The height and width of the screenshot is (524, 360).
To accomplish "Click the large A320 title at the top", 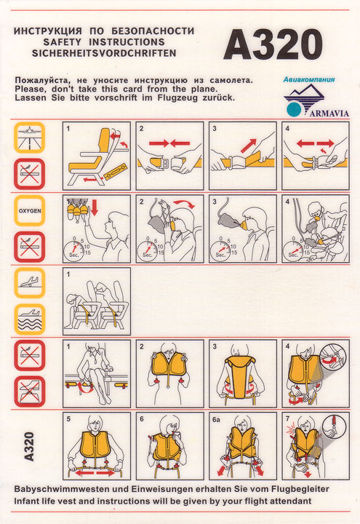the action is [273, 44].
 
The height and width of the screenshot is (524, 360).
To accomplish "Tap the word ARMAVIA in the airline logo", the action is [329, 114].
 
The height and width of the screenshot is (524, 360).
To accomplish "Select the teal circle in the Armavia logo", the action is [295, 109].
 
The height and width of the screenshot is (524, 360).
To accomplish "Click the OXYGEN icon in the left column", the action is [30, 211].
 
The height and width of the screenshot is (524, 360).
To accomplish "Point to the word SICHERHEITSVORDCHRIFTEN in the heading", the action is [104, 53].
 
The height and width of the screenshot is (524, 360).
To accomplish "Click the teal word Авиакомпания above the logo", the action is [309, 79].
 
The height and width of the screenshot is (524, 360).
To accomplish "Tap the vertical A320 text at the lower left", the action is [29, 446].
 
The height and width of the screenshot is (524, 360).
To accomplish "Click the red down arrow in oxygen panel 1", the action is [95, 207].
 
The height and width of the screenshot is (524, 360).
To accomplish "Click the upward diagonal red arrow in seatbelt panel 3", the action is [248, 146].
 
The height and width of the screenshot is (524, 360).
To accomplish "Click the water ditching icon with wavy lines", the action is [30, 319].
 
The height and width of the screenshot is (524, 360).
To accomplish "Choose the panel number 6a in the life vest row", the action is [216, 419].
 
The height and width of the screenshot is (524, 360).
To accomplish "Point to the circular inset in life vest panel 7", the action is [335, 426].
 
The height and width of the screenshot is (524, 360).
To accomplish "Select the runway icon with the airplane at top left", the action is [29, 138].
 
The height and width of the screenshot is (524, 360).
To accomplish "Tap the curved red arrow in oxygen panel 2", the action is [184, 204].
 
